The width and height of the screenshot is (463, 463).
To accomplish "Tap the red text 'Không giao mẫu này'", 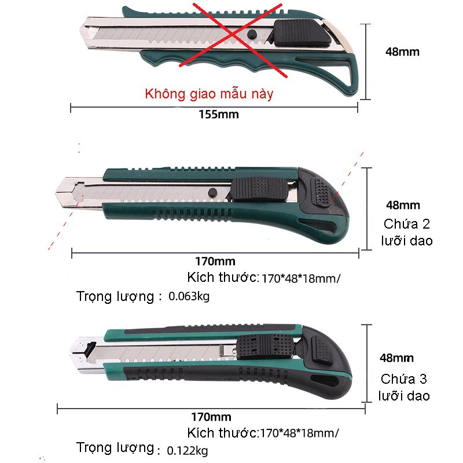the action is click(x=209, y=94).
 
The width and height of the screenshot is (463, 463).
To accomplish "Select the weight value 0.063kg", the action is click(x=189, y=297).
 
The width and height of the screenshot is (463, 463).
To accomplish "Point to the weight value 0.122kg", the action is click(x=187, y=450).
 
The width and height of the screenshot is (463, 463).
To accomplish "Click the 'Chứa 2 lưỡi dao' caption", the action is click(x=407, y=232).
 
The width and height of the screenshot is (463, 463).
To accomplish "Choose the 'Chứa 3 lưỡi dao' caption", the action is click(x=404, y=388).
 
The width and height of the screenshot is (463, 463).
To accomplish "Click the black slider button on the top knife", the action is click(x=296, y=32).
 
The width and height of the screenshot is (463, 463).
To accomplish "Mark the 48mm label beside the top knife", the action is click(x=402, y=52).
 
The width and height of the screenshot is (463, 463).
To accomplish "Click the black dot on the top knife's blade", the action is click(x=251, y=36).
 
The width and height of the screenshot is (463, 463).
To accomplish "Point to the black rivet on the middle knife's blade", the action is click(x=211, y=192).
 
